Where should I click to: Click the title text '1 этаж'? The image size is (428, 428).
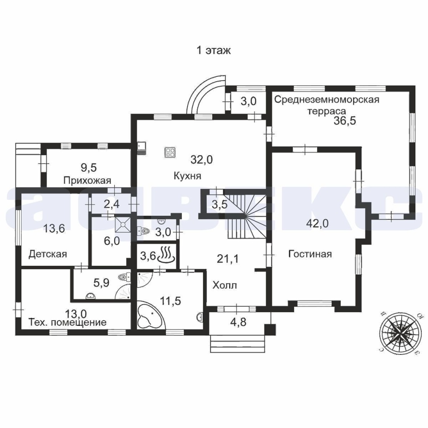pos(214,50)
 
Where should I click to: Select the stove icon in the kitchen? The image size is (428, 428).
pos(170,152)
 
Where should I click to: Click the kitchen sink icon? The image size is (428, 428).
pos(142,148)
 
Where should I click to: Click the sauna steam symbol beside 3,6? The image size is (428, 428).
pos(166,255)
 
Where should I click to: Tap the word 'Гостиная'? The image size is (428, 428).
pos(310,254)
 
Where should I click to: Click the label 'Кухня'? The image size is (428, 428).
pos(187,176)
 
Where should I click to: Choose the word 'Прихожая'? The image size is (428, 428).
pos(87,181)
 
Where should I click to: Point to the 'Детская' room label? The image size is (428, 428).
pos(48,254)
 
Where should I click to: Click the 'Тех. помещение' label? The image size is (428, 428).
pos(67,322)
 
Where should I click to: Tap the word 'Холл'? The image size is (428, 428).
pos(225,285)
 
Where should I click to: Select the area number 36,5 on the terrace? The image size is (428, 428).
pos(345,120)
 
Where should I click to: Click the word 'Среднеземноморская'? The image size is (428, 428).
pos(327,99)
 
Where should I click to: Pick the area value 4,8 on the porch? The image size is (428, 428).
pos(238,322)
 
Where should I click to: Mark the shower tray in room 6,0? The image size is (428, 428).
pos(123,224)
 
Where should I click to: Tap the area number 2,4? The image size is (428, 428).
pos(111,204)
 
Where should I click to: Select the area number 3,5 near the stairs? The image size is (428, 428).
pos(219,204)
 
